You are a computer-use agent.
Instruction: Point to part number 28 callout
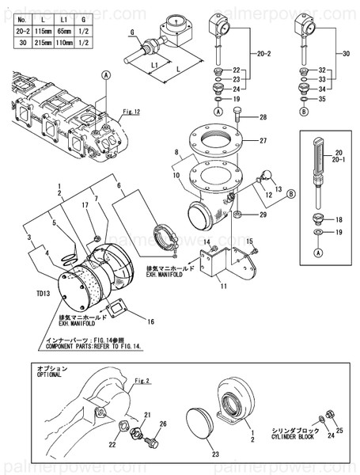263,117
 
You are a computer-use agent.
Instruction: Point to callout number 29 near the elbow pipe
263,215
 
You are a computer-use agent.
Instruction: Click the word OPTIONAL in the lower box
49,377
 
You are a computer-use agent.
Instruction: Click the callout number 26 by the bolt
164,424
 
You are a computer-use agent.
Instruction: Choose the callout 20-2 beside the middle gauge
263,53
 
